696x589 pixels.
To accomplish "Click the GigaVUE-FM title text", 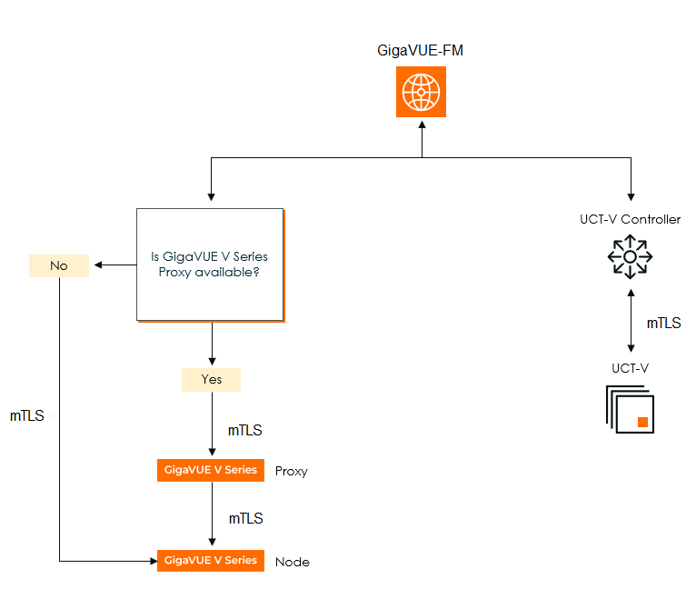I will (421, 51).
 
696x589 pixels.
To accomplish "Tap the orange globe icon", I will (421, 91).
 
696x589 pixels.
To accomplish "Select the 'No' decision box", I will (59, 265).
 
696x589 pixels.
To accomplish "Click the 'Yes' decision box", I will (211, 379).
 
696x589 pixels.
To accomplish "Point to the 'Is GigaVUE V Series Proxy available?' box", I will (210, 265).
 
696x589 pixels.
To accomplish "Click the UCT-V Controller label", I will (630, 219).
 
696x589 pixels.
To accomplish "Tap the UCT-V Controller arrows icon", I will (630, 257).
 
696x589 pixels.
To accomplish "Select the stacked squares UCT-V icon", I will (630, 409).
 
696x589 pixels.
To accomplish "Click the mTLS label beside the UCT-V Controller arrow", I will (663, 323).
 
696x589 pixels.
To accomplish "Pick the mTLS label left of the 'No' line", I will (27, 416).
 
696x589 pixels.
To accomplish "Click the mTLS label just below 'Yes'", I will (245, 430).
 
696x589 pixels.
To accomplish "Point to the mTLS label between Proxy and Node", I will (245, 518).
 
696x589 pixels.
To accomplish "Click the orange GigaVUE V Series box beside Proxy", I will (211, 470).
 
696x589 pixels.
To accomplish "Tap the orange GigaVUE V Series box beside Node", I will (211, 561).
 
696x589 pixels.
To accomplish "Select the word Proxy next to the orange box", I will (292, 471).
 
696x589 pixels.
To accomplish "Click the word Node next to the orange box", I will (293, 562).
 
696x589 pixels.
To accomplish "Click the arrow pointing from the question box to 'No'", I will (113, 265).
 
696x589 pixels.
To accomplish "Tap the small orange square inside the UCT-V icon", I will (642, 421).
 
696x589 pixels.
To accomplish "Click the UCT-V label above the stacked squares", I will (630, 368).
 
